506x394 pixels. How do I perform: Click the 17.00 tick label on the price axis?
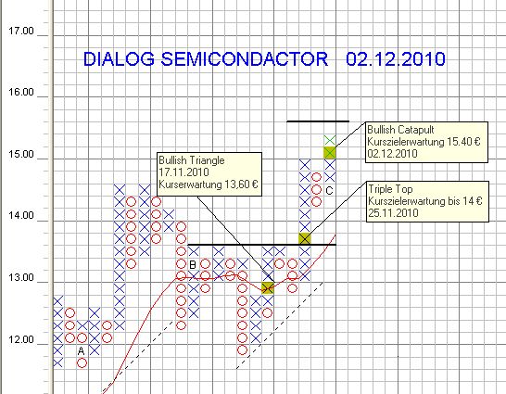tap(20, 31)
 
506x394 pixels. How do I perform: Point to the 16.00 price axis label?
tap(20, 93)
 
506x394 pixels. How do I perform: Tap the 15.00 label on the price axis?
tap(20, 155)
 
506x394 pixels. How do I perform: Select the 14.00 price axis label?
tap(20, 216)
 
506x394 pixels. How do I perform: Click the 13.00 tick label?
tap(20, 278)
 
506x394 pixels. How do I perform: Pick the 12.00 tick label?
tap(20, 339)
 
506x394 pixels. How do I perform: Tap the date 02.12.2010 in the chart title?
tap(397, 60)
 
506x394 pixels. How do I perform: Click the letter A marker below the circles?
tap(82, 351)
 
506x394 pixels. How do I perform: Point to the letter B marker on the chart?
tap(193, 265)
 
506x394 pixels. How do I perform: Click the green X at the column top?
tap(329, 139)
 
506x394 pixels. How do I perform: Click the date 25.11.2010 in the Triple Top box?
tap(392, 212)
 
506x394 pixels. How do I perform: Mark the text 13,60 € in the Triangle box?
tap(235, 185)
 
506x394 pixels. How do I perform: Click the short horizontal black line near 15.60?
tap(317, 121)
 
